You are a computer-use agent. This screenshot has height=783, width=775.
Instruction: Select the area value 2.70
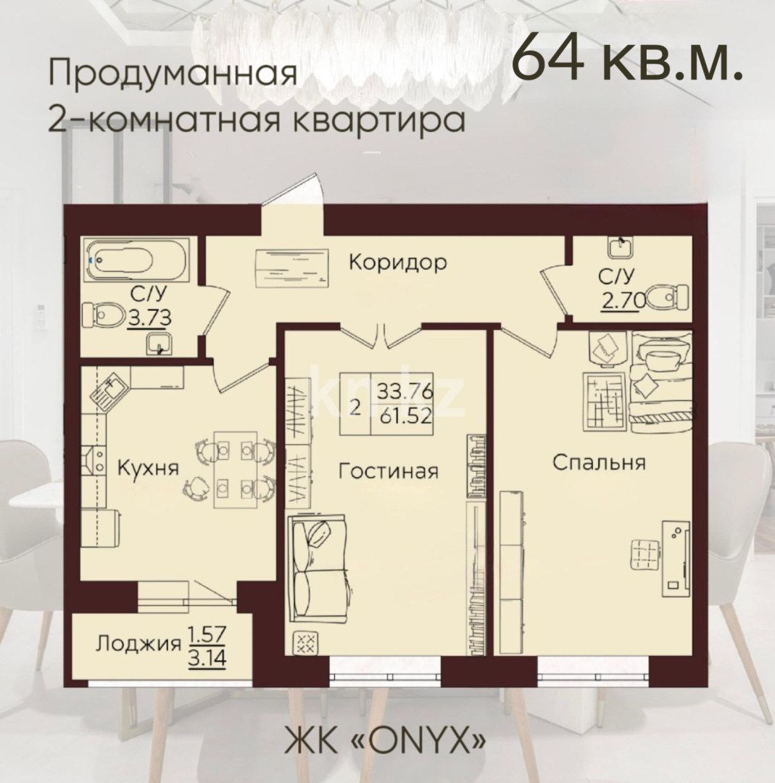click(618, 298)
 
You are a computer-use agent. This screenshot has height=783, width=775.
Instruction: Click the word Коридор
click(397, 262)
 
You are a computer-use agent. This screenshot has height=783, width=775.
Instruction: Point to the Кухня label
click(148, 467)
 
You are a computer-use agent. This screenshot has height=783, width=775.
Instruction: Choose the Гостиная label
click(389, 471)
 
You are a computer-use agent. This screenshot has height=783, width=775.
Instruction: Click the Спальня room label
click(598, 462)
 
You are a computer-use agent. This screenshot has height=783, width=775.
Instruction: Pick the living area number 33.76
click(405, 391)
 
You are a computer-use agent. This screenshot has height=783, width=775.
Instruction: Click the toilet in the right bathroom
click(667, 296)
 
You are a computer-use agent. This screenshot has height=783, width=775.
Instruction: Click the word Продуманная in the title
click(173, 75)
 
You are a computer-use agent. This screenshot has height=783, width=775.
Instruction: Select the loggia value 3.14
click(208, 660)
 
